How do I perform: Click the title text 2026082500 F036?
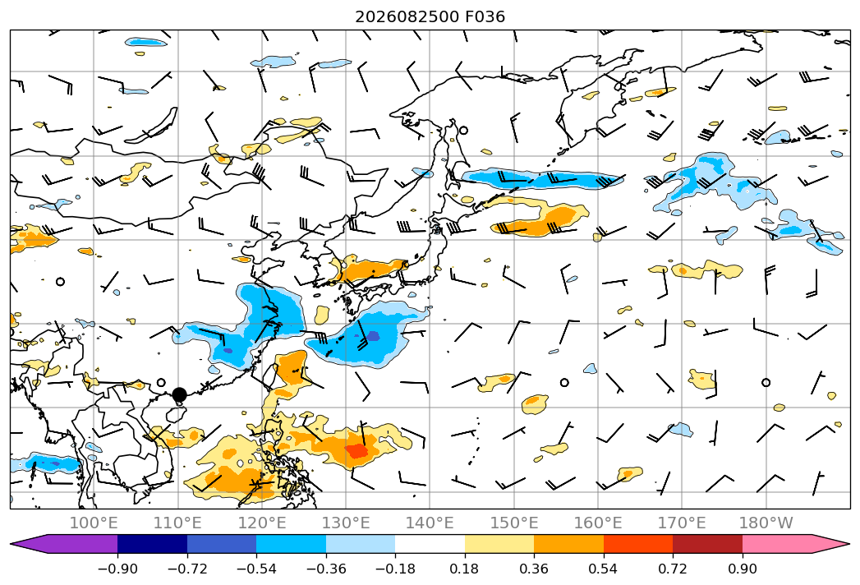pyautogui.click(x=430, y=16)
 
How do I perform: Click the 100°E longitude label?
pyautogui.click(x=94, y=523)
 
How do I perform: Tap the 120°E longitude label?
pyautogui.click(x=262, y=523)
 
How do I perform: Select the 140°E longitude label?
pyautogui.click(x=430, y=523)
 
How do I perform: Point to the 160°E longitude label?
pyautogui.click(x=598, y=523)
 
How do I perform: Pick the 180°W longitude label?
pyautogui.click(x=766, y=523)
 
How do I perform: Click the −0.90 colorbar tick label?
pyautogui.click(x=117, y=569)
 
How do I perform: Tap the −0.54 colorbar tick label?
pyautogui.click(x=256, y=569)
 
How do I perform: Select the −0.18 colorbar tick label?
pyautogui.click(x=395, y=569)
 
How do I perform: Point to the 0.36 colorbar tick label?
pyautogui.click(x=534, y=569)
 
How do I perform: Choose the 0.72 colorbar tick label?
pyautogui.click(x=673, y=569)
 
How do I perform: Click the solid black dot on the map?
pyautogui.click(x=179, y=394)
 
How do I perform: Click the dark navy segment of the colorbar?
pyautogui.click(x=152, y=544)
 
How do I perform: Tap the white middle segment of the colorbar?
pyautogui.click(x=430, y=544)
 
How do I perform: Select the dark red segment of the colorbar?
pyautogui.click(x=707, y=544)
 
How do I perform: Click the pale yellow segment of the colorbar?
pyautogui.click(x=499, y=544)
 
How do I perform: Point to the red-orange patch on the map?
pyautogui.click(x=357, y=450)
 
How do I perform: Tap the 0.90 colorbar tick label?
pyautogui.click(x=742, y=569)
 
